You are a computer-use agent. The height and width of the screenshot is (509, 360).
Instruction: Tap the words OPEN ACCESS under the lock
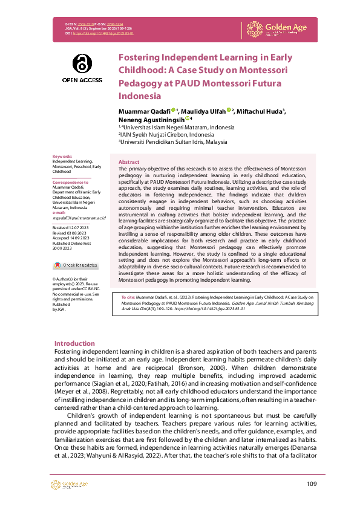click(x=82, y=80)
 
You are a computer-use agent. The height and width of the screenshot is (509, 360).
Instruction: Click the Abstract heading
click(x=129, y=163)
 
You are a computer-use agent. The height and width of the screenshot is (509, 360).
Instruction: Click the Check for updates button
click(x=76, y=265)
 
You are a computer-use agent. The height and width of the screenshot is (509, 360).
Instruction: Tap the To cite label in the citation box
click(x=128, y=297)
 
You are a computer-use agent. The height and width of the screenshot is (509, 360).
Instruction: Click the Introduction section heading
click(x=74, y=343)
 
